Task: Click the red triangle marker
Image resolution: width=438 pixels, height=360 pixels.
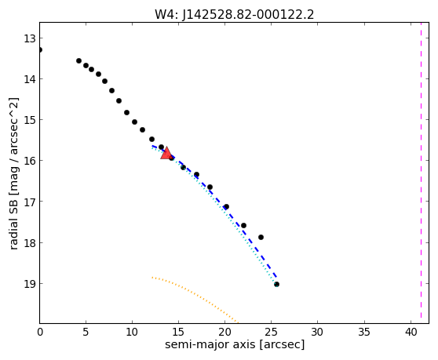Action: (x=166, y=153)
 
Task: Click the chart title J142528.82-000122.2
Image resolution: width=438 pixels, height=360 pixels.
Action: (x=248, y=15)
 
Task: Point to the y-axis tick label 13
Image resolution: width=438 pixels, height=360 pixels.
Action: (x=30, y=38)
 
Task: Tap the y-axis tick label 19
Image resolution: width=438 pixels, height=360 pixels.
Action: (x=30, y=284)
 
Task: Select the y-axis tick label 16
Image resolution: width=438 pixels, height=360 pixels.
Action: (x=30, y=161)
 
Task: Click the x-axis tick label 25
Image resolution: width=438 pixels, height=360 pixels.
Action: (x=271, y=332)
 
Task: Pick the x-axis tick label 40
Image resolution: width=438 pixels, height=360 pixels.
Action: (x=411, y=332)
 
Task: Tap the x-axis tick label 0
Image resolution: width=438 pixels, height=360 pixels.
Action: (x=40, y=332)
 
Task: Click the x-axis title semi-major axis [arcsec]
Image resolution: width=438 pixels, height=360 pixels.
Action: (x=235, y=344)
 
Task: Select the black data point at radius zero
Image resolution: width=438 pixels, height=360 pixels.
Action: (x=40, y=50)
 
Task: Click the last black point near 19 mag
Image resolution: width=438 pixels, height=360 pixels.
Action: (x=276, y=285)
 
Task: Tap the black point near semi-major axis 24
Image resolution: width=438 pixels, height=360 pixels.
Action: (x=261, y=237)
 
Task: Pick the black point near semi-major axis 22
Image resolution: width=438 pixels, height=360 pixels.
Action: (x=243, y=225)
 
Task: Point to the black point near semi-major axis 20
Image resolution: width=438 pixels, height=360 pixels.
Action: (x=227, y=207)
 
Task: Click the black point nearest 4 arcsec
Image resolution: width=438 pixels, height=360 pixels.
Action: (x=78, y=61)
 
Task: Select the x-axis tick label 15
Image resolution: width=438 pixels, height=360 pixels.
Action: (x=178, y=332)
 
